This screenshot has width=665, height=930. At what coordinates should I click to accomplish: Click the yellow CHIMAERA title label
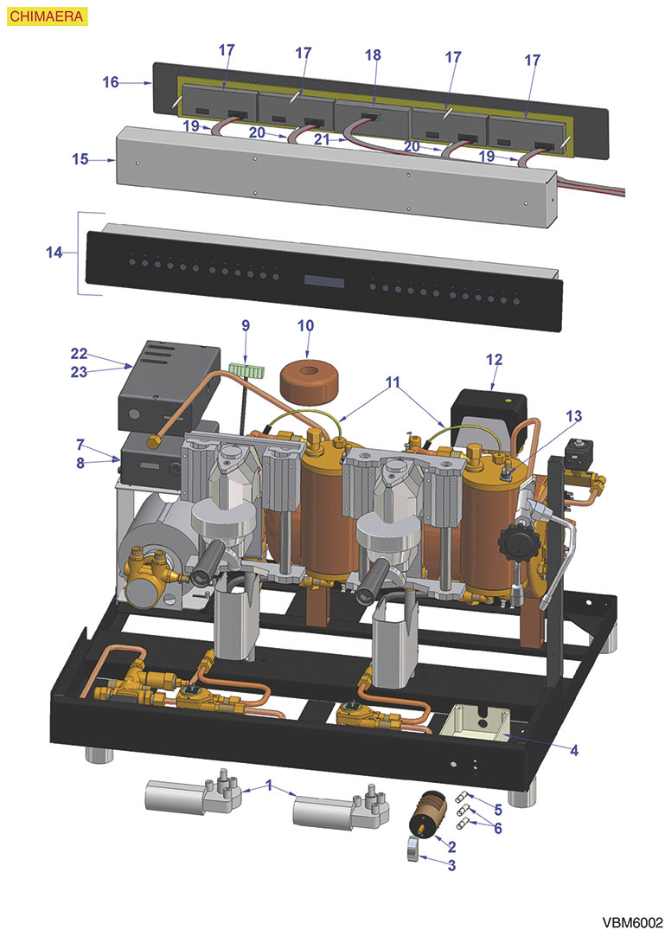(33, 16)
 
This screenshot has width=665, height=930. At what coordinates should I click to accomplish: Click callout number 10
(306, 326)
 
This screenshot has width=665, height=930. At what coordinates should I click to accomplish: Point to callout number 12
(494, 358)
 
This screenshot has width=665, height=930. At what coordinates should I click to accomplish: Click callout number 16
(110, 82)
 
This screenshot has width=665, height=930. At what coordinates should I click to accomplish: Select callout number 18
(373, 55)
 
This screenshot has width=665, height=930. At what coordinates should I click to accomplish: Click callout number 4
(573, 750)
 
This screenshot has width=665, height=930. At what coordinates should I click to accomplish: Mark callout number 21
(322, 138)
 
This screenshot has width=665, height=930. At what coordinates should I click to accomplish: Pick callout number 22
(80, 353)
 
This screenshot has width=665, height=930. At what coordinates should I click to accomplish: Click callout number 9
(246, 326)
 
